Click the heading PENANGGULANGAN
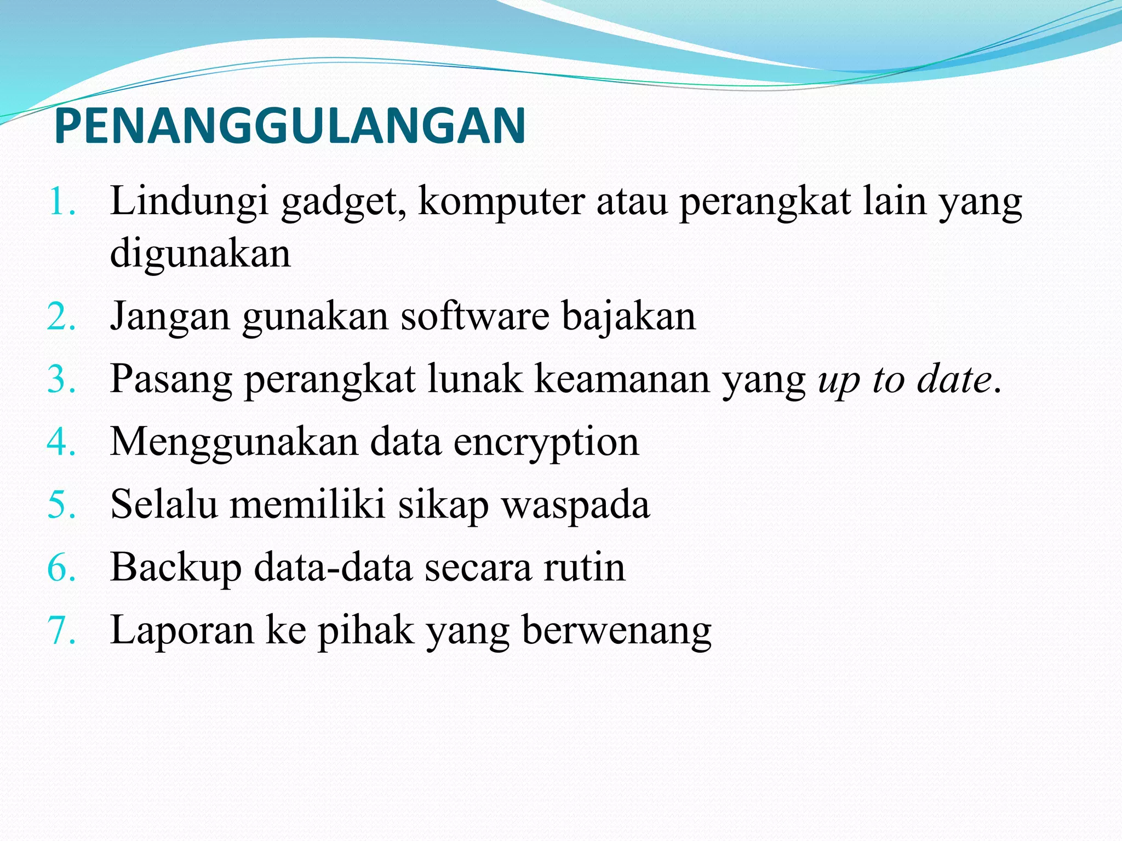coord(290,126)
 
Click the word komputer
coord(501,203)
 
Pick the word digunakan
coord(201,254)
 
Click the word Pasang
coord(171,380)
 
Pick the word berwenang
coord(617,631)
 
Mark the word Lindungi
coord(190,203)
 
